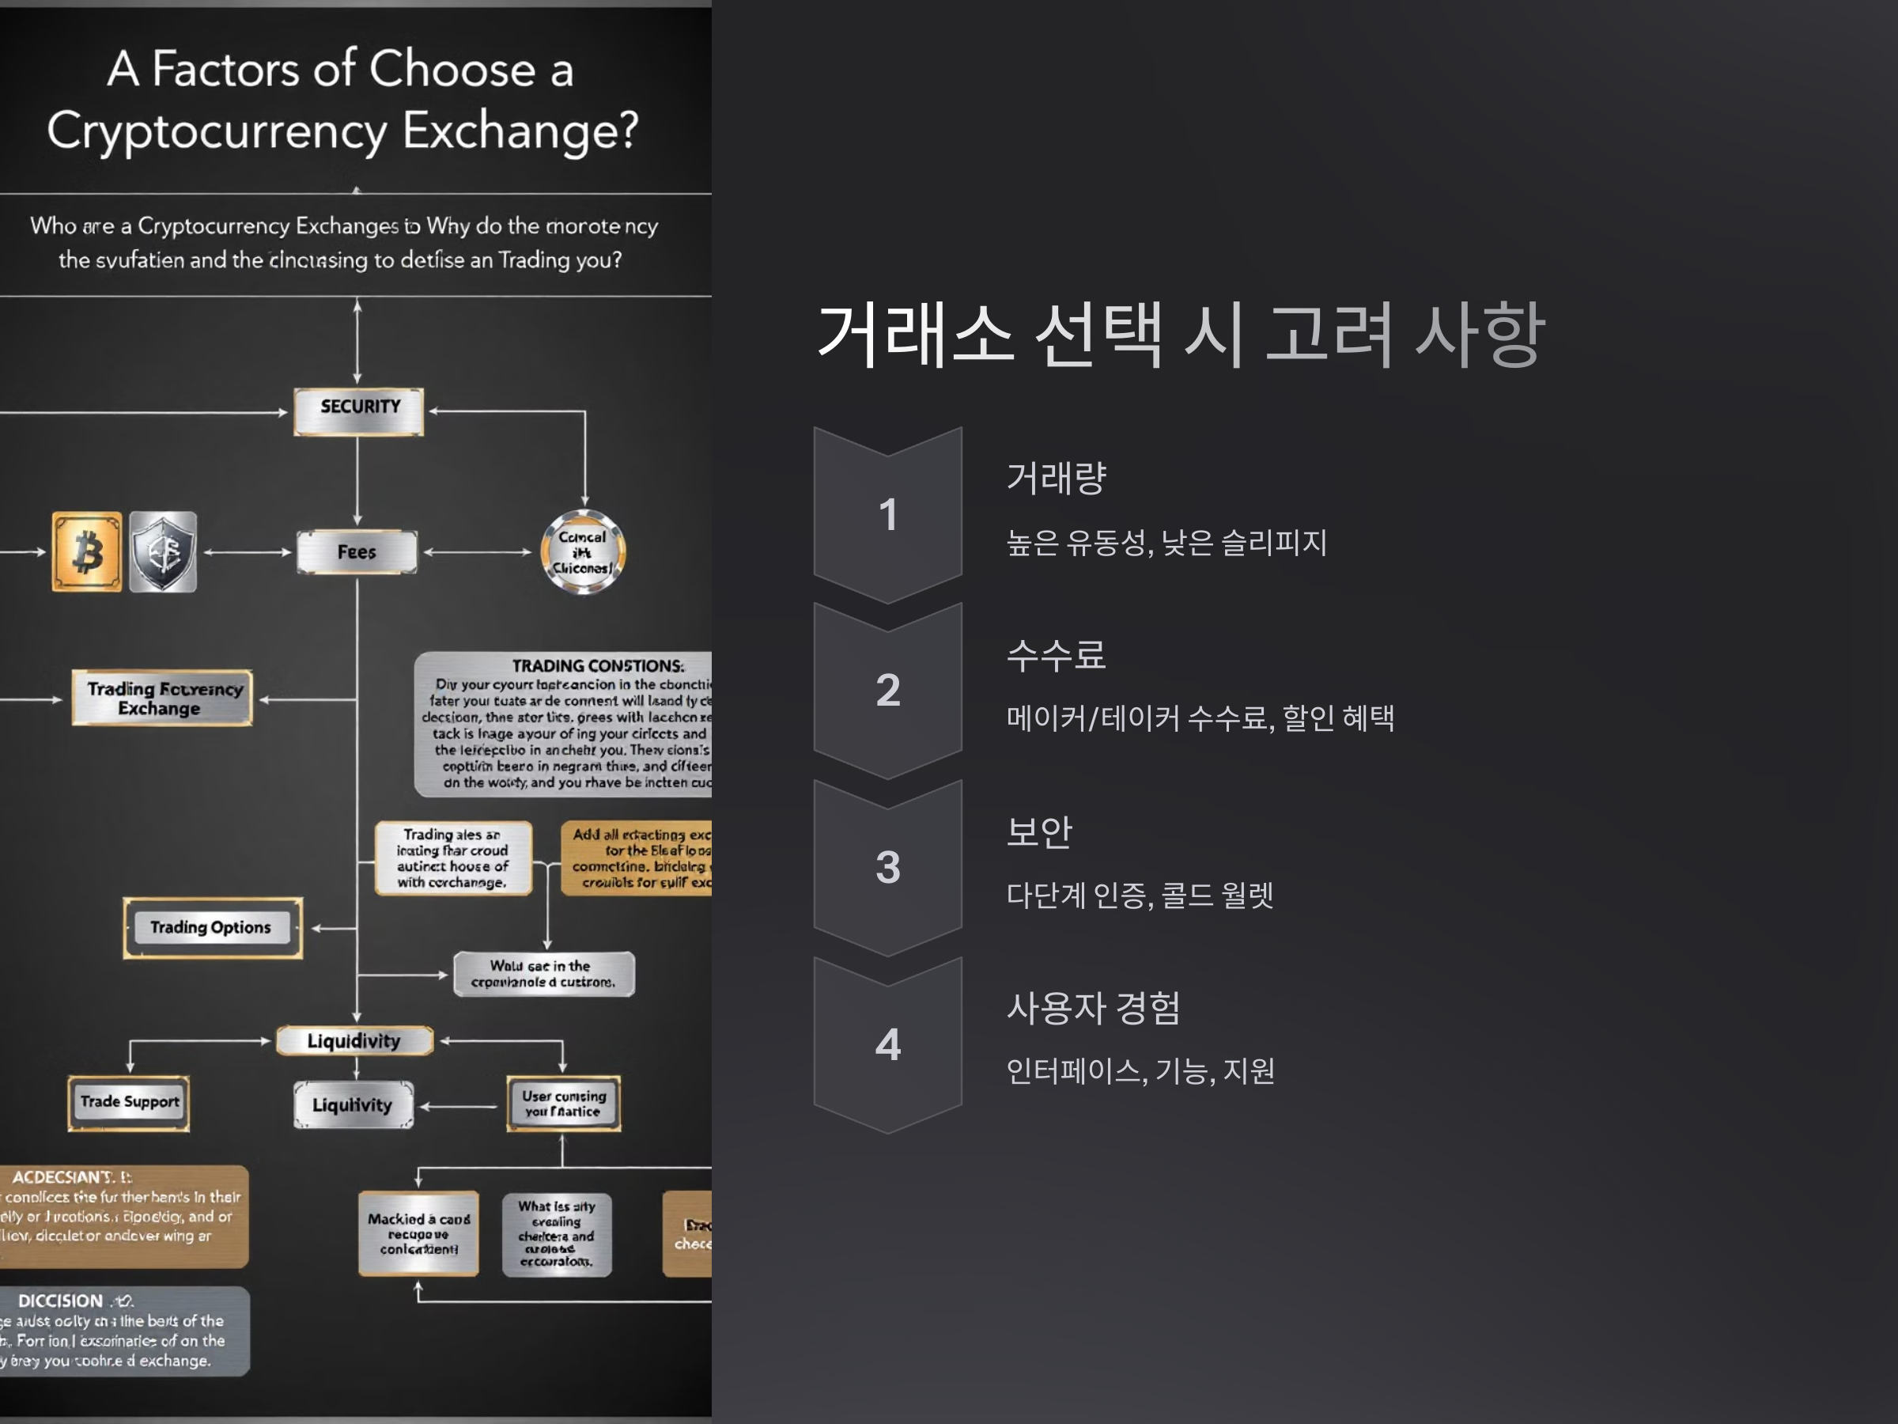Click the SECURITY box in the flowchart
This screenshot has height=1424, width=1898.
click(x=359, y=411)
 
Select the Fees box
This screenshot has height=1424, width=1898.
click(x=357, y=552)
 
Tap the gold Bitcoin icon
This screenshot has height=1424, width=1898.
click(x=87, y=552)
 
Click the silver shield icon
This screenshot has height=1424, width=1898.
click(x=163, y=552)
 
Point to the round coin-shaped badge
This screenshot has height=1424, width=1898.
click(x=583, y=552)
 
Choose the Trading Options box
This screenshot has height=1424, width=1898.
click(x=212, y=928)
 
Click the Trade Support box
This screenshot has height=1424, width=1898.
click(x=130, y=1102)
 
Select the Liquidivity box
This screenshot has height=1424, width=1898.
click(x=354, y=1041)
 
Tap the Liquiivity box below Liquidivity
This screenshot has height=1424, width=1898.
click(x=353, y=1104)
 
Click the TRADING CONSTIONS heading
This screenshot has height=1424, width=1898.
click(x=597, y=666)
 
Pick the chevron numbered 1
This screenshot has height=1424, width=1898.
click(x=888, y=515)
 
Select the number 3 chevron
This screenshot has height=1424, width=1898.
click(x=888, y=867)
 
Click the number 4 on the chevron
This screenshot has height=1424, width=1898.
click(x=888, y=1044)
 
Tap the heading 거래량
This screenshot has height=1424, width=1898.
click(x=1057, y=478)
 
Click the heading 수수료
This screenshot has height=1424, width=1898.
click(x=1057, y=655)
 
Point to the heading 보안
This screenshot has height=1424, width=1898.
click(x=1039, y=831)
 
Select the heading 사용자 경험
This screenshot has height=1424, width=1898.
click(x=1093, y=1008)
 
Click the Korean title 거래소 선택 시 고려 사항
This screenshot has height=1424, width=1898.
click(x=1181, y=335)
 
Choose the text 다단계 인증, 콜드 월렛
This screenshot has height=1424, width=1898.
click(x=1140, y=896)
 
